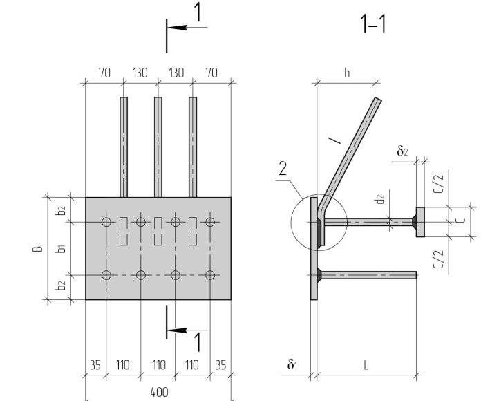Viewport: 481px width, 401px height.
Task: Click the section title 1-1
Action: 373,24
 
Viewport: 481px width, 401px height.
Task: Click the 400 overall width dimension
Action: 159,393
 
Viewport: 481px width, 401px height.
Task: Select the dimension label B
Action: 37,248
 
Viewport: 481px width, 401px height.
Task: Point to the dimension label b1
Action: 62,248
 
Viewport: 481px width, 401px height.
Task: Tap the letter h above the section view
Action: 347,73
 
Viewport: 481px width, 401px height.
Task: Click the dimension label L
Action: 366,366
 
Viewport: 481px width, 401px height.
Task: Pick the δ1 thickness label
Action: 292,364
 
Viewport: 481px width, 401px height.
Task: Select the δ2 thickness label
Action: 402,151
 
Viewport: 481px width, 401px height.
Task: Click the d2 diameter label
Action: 380,199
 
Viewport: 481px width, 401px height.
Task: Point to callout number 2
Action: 283,169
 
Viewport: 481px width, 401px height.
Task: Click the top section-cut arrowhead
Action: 178,28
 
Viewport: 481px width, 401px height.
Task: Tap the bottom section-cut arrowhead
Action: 178,330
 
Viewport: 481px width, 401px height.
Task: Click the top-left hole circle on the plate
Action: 106,222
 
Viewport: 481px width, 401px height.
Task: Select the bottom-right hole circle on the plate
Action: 210,275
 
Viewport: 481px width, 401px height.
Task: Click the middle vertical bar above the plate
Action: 158,147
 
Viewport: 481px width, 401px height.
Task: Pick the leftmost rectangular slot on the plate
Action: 123,231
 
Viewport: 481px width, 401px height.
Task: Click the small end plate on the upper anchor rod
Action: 420,222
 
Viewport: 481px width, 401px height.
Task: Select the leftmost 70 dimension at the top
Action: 104,73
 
